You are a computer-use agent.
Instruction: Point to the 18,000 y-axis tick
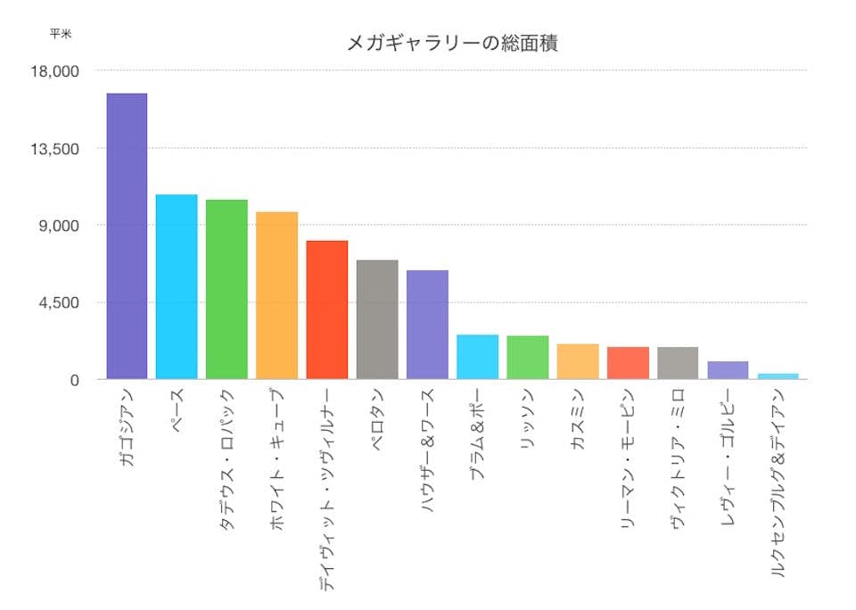[55, 71]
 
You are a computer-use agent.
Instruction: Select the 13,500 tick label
[55, 148]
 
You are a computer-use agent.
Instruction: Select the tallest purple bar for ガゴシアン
[127, 236]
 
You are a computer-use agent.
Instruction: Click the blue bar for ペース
[177, 287]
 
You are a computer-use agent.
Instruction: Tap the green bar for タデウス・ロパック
[226, 290]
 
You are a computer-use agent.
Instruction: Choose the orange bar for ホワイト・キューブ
[276, 296]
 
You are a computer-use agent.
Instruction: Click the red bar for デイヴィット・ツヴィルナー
[326, 310]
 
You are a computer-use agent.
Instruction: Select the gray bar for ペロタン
[377, 320]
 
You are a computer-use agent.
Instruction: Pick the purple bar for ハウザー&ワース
[427, 325]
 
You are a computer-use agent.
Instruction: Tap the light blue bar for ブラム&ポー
[477, 357]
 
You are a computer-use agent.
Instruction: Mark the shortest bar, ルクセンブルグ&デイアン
[778, 376]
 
